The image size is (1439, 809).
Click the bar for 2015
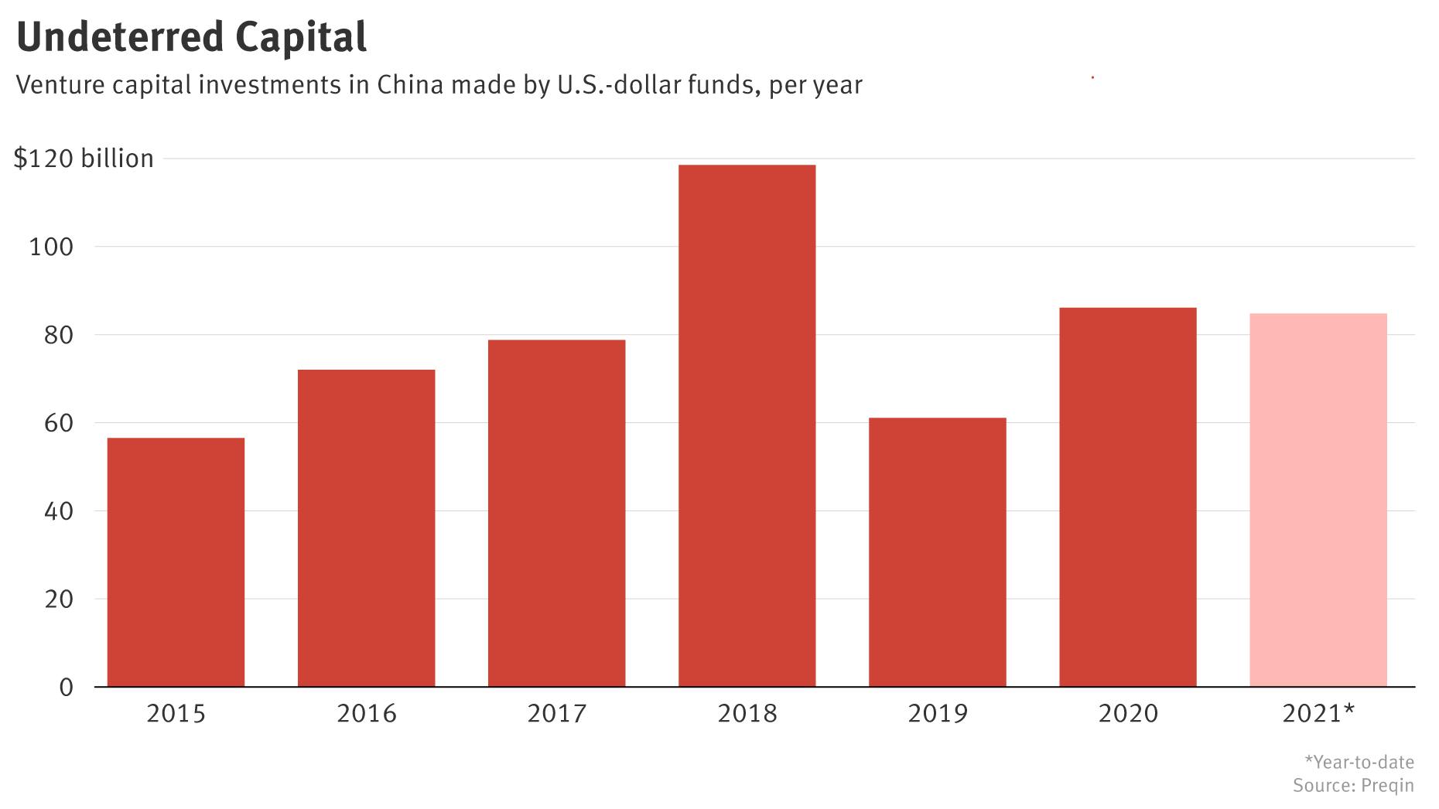[x=176, y=562]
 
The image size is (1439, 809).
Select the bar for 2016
[x=366, y=528]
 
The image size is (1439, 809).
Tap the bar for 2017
[x=556, y=514]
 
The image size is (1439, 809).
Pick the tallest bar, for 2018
[x=747, y=425]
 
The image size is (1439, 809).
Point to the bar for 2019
[x=937, y=552]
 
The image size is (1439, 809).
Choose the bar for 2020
[x=1127, y=497]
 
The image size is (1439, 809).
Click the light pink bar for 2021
[x=1318, y=500]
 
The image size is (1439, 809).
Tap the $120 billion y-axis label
[x=84, y=159]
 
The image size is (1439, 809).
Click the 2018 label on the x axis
[x=747, y=713]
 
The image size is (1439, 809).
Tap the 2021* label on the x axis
[x=1318, y=713]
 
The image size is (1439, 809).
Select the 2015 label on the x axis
[x=176, y=713]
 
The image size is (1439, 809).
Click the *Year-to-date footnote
[x=1359, y=762]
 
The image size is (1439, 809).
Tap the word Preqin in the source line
[x=1387, y=786]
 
